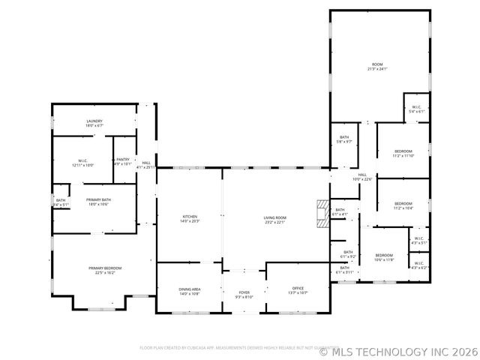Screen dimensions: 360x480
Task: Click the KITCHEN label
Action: [x=189, y=219]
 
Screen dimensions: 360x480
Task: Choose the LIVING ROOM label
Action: [x=274, y=219]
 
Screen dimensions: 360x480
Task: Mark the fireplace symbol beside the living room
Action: [x=322, y=206]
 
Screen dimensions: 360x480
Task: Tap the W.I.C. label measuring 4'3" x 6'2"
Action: [x=418, y=265]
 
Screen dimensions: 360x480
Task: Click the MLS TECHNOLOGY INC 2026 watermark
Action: [x=398, y=349]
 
